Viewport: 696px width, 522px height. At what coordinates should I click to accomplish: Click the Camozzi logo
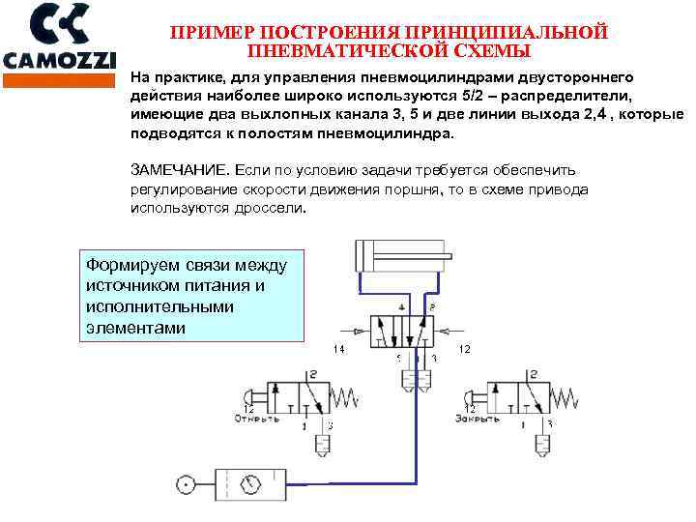60,37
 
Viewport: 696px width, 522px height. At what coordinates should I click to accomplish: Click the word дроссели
273,207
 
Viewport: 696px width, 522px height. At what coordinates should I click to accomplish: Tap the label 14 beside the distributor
338,348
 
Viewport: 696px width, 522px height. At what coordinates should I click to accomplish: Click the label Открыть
256,419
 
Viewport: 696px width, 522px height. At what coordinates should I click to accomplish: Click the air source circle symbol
184,483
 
